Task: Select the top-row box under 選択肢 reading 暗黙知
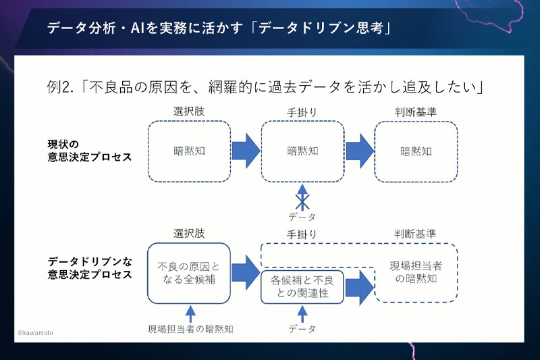188,151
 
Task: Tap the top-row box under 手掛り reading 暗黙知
302,151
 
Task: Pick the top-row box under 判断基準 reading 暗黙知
416,151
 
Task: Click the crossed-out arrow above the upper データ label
302,197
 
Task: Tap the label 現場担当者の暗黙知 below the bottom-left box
191,330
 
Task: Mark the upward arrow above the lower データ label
302,313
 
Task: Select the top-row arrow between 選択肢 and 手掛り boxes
246,151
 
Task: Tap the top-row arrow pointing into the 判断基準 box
360,151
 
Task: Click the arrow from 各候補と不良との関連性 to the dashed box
359,287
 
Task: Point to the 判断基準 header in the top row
415,112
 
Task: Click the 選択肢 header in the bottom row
189,234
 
